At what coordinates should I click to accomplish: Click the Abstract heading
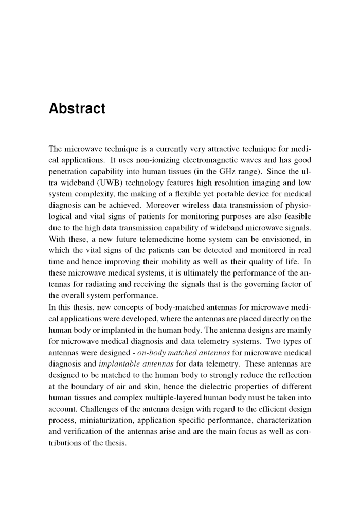(x=77, y=109)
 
